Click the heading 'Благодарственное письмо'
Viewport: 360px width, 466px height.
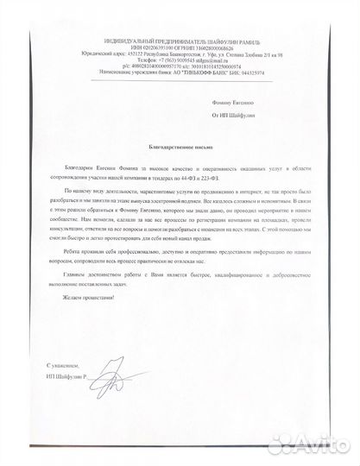point(180,148)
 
